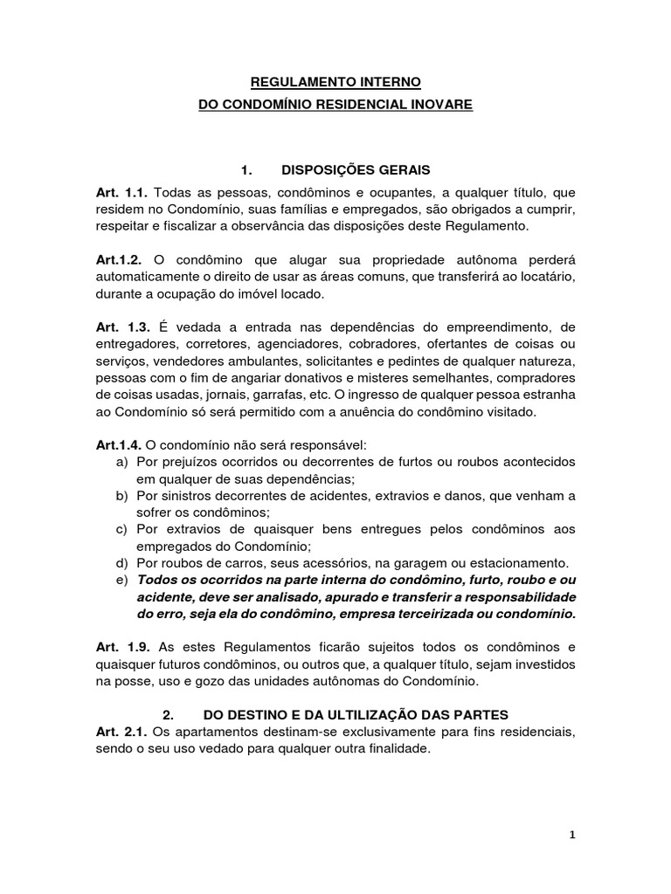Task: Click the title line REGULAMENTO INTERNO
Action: [335, 82]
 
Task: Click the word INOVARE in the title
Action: [441, 104]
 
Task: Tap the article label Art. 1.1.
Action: [121, 191]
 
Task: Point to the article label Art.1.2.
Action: [121, 260]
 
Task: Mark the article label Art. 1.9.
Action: [121, 648]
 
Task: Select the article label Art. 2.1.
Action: [121, 732]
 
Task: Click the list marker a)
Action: [122, 460]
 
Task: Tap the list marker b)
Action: [122, 495]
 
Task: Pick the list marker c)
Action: [122, 529]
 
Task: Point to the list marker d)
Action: [122, 563]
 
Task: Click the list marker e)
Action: [122, 580]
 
